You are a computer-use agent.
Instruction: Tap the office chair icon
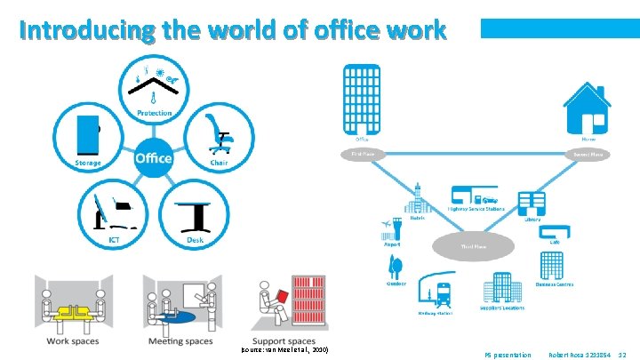pos(219,133)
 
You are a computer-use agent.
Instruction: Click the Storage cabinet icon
pos(86,133)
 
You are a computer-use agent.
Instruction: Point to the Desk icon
pos(194,213)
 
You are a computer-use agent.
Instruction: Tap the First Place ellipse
pos(362,154)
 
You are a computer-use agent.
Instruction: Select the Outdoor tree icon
pos(396,268)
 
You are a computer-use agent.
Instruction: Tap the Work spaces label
pos(74,340)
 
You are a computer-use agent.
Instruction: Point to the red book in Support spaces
pos(280,294)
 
